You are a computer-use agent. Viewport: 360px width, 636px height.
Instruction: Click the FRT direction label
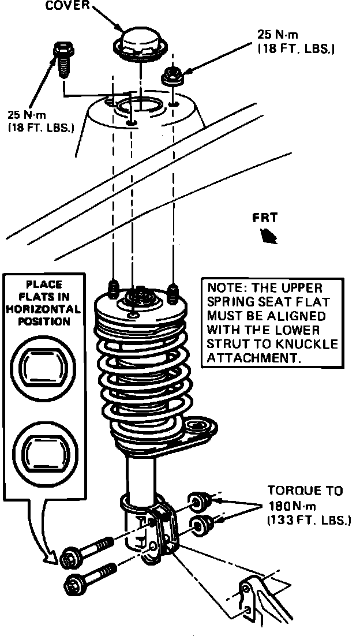coord(265,219)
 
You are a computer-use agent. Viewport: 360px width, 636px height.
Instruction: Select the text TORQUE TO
coord(305,491)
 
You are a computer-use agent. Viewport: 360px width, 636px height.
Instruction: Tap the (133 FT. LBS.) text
coord(308,521)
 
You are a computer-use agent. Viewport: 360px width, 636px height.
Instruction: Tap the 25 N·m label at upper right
coord(277,35)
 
